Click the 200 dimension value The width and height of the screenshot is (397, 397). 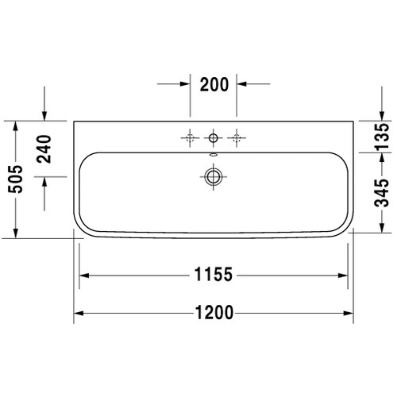[214, 83]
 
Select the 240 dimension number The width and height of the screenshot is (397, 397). [44, 148]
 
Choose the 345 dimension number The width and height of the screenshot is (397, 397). [381, 191]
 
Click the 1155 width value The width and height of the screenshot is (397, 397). [212, 276]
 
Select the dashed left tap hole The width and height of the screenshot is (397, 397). [190, 138]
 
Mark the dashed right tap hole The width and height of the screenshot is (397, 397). [236, 138]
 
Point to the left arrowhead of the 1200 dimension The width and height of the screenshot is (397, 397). [79, 314]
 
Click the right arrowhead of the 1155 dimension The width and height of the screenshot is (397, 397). [344, 276]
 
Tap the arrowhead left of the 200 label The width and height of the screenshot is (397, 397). [185, 83]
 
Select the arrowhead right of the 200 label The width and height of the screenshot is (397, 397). [241, 83]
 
